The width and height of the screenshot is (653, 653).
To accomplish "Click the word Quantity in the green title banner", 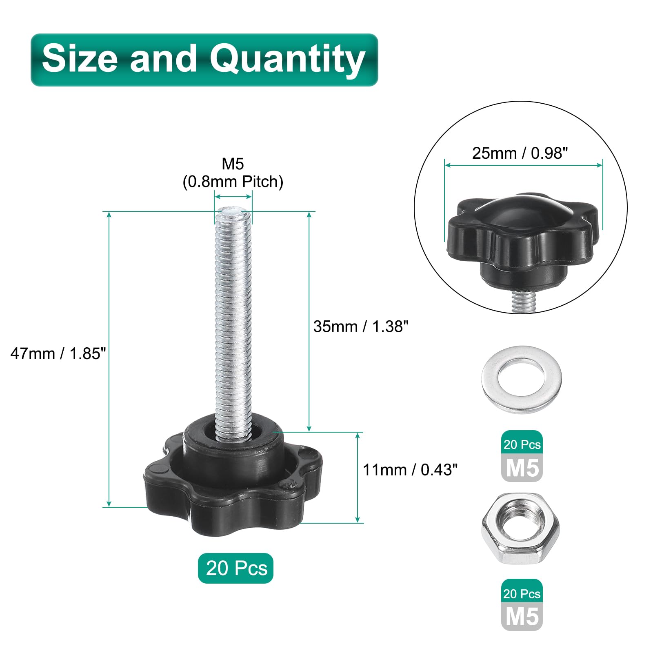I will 287,60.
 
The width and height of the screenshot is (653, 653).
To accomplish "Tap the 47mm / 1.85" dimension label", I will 58,353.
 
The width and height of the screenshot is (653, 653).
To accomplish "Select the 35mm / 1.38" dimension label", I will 361,326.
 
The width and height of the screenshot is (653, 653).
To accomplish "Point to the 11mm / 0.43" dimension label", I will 410,470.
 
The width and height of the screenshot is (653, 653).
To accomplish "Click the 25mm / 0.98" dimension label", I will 520,153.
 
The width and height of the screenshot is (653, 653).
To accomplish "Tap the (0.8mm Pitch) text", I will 233,182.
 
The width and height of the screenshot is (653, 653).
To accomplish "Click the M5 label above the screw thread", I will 233,164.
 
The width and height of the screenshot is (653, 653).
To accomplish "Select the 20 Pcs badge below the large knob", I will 235,568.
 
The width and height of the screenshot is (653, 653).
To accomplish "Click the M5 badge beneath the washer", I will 522,468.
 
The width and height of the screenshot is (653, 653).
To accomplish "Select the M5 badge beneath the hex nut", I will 522,616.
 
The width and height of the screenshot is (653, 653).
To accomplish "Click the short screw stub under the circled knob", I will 523,302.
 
